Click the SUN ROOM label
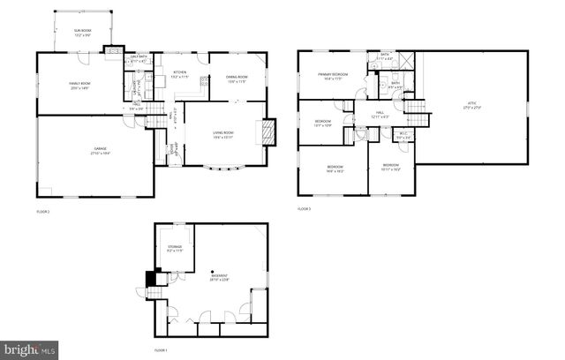click(81, 33)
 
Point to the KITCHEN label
click(180, 73)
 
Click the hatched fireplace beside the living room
click(270, 131)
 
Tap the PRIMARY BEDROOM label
click(334, 76)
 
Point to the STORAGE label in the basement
click(174, 248)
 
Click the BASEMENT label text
click(220, 279)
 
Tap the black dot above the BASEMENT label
click(213, 272)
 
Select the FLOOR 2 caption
click(43, 212)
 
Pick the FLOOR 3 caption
click(304, 208)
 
